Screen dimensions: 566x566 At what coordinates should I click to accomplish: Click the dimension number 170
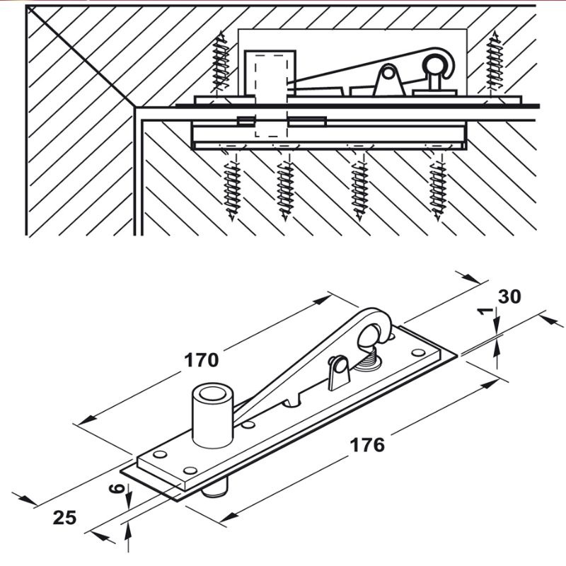(202, 360)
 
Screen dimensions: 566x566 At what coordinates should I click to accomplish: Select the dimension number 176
(367, 445)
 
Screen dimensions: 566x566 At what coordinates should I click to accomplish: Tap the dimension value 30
(509, 296)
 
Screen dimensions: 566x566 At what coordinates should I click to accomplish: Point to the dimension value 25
(64, 517)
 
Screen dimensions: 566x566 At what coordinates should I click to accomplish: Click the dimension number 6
(117, 489)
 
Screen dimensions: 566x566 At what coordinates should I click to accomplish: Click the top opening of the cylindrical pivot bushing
(212, 393)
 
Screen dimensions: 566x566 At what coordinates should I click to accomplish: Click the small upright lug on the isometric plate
(339, 373)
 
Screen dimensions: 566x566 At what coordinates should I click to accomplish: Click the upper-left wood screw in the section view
(221, 62)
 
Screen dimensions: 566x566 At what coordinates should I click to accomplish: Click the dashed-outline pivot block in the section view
(271, 94)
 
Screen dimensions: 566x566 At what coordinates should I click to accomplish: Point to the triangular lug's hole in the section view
(388, 74)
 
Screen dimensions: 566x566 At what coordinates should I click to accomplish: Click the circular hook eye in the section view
(434, 64)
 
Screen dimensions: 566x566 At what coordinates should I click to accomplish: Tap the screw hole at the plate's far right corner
(418, 352)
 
